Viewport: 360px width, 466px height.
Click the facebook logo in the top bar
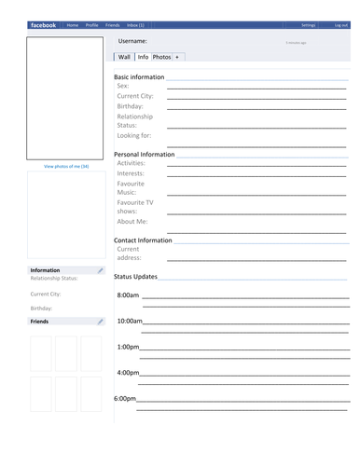(x=43, y=25)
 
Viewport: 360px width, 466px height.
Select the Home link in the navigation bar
(x=73, y=25)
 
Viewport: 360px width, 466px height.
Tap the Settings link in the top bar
(x=309, y=25)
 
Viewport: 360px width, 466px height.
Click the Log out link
(x=341, y=25)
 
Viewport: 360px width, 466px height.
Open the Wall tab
(x=124, y=57)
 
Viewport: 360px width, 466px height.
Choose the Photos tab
(x=161, y=57)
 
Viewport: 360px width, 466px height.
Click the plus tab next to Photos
(x=177, y=57)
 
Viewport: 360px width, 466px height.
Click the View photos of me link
(x=66, y=166)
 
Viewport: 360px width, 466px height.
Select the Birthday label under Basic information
(x=131, y=106)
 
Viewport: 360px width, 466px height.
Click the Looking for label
(x=134, y=136)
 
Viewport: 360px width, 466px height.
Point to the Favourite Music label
(x=132, y=188)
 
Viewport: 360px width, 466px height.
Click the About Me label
(x=132, y=221)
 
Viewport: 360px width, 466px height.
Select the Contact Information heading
(x=143, y=240)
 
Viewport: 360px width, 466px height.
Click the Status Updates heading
(x=135, y=277)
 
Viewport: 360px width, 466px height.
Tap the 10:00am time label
(x=130, y=321)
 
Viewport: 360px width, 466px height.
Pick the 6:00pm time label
(x=125, y=398)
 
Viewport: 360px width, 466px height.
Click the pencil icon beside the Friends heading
(x=101, y=322)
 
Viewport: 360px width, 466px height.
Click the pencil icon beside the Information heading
(x=101, y=270)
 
